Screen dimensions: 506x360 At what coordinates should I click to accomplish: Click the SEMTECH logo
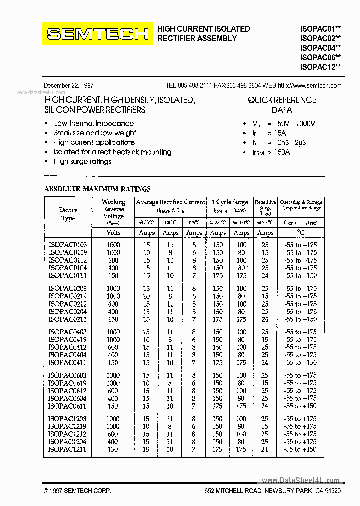pyautogui.click(x=98, y=34)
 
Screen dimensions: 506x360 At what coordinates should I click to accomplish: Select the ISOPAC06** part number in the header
pyautogui.click(x=320, y=57)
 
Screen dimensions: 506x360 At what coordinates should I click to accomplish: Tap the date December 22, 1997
pyautogui.click(x=69, y=86)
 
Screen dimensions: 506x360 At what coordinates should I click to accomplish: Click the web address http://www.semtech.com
pyautogui.click(x=309, y=86)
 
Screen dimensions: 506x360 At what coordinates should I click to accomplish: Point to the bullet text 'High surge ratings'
pyautogui.click(x=82, y=161)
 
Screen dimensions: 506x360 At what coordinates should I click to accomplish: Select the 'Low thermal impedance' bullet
pyautogui.click(x=94, y=123)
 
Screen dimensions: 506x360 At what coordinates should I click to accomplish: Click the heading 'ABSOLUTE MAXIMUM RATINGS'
pyautogui.click(x=97, y=189)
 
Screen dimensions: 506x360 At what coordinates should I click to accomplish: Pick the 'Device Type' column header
pyautogui.click(x=68, y=214)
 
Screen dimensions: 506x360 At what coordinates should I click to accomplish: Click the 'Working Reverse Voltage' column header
pyautogui.click(x=113, y=209)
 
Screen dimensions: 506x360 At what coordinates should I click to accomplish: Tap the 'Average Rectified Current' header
pyautogui.click(x=170, y=202)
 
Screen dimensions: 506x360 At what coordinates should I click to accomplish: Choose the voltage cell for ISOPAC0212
pyautogui.click(x=113, y=304)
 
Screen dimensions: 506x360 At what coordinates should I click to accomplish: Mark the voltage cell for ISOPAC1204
pyautogui.click(x=113, y=442)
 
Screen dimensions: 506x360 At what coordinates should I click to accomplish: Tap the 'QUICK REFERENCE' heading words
pyautogui.click(x=282, y=100)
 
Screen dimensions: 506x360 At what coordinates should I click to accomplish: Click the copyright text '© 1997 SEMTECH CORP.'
pyautogui.click(x=77, y=491)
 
